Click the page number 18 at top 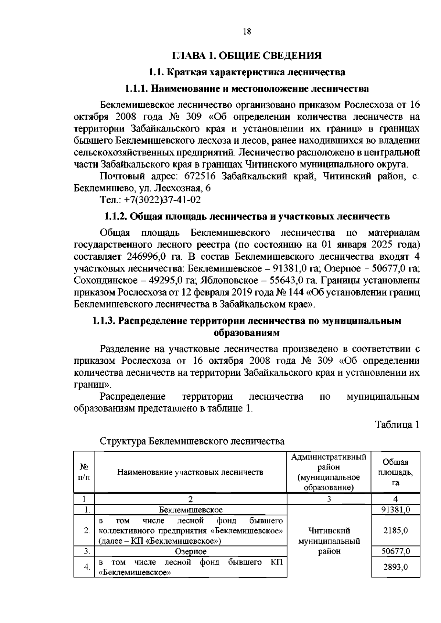point(247,32)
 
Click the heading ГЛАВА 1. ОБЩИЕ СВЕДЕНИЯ point(247,56)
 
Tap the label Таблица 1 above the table point(397,425)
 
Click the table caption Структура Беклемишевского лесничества point(192,441)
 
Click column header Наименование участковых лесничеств point(190,472)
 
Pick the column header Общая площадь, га point(395,472)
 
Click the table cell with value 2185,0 point(396,531)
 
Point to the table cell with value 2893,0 point(396,567)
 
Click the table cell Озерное point(191,551)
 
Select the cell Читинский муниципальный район point(329,541)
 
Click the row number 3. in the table point(87,551)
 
